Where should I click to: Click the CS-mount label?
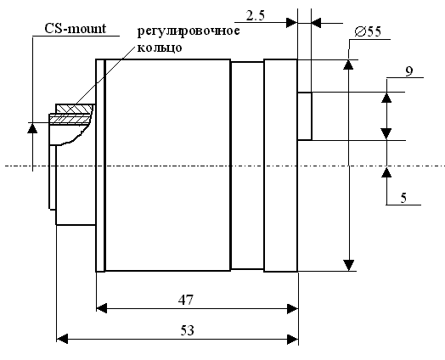[76, 29]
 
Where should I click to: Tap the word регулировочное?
[189, 31]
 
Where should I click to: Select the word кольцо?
[160, 48]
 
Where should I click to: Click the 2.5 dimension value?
[256, 15]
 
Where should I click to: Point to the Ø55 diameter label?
[368, 31]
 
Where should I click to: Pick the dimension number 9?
[409, 71]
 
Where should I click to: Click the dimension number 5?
[403, 198]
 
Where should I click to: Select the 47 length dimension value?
[186, 300]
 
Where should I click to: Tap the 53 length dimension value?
[188, 330]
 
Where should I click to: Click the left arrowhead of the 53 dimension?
[62, 339]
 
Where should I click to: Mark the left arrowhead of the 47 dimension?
[102, 308]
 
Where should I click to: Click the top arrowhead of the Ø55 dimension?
[348, 65]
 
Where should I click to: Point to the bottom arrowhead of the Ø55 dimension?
[348, 265]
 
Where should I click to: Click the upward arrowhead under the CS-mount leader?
[32, 128]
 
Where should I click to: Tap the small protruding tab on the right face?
[305, 116]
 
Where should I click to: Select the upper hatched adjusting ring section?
[75, 109]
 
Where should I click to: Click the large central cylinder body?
[168, 165]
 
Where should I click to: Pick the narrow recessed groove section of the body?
[247, 166]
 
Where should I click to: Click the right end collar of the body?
[281, 166]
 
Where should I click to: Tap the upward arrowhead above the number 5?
[386, 172]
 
